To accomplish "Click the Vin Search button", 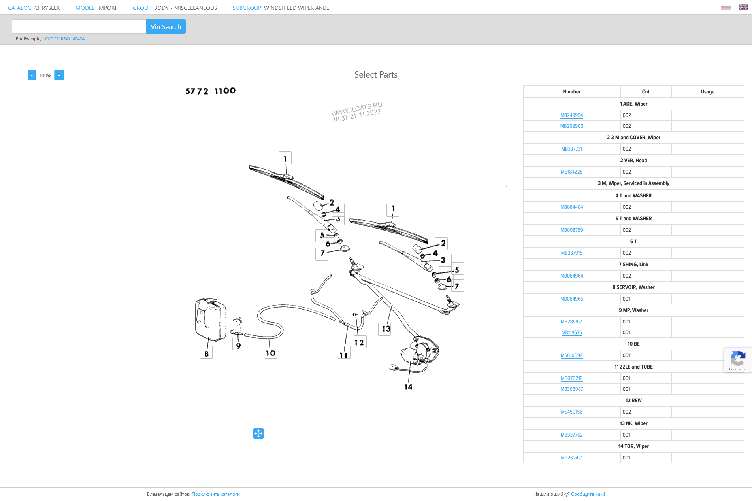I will coord(166,26).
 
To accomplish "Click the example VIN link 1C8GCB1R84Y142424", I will coord(64,39).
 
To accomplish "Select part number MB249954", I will coord(571,115).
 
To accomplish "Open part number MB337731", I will coord(571,149).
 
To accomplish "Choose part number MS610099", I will coord(571,355).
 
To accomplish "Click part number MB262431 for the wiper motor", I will coord(571,458).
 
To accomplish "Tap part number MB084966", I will coord(571,299).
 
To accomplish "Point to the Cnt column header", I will coord(645,92).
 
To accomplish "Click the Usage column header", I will coord(707,92).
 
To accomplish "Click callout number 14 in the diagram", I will coord(409,388).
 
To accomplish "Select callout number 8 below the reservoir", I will coord(206,353).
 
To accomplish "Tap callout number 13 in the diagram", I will coord(386,329).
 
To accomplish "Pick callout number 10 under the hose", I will coord(271,353).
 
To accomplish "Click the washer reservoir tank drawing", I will coord(210,320).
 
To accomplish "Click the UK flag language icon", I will coord(743,7).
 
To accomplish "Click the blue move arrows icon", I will coord(258,433).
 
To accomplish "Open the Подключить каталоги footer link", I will coord(216,494).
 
